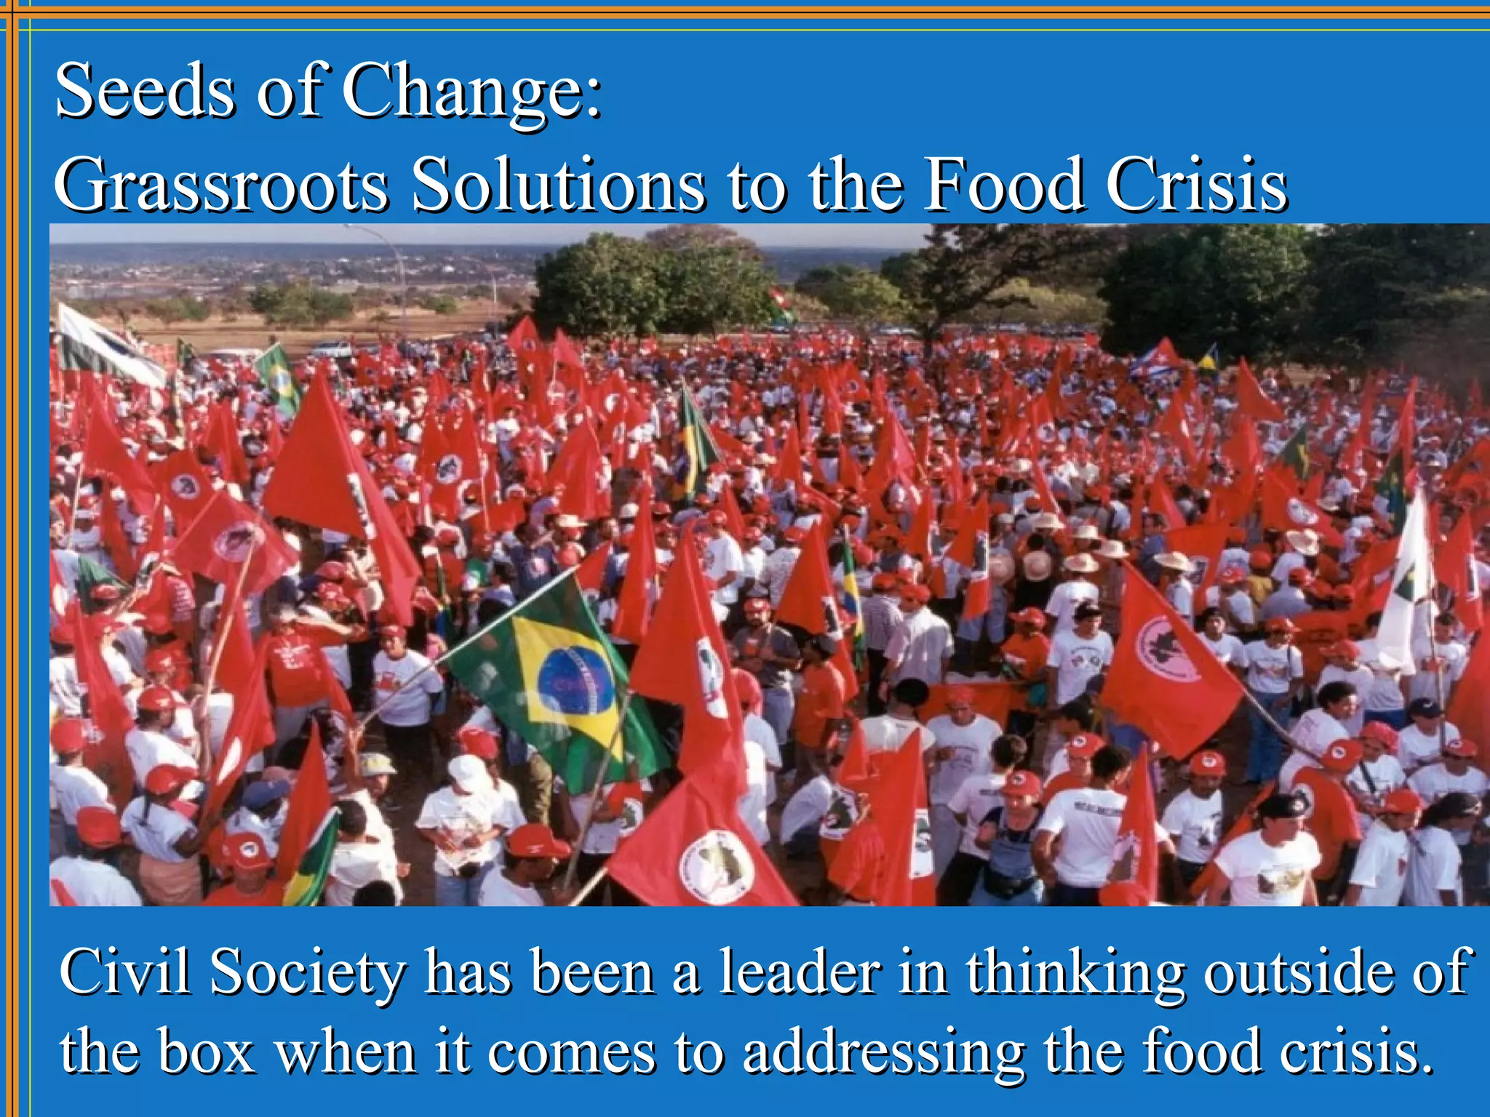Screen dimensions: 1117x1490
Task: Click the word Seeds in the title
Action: pyautogui.click(x=146, y=91)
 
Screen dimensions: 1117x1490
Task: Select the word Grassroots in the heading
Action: pyautogui.click(x=222, y=185)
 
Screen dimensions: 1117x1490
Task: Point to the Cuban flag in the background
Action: pyautogui.click(x=1157, y=359)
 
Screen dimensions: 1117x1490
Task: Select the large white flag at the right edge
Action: pyautogui.click(x=1408, y=582)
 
